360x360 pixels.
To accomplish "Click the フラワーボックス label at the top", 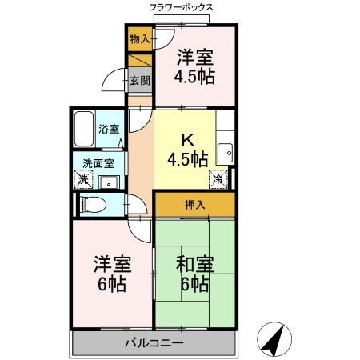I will click(x=181, y=7).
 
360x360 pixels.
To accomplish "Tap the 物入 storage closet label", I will click(x=139, y=38).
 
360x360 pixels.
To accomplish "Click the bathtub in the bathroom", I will click(x=85, y=130).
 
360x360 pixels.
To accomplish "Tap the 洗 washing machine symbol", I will click(x=84, y=179).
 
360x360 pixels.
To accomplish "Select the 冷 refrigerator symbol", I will click(x=218, y=179).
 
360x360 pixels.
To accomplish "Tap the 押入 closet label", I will click(x=195, y=205).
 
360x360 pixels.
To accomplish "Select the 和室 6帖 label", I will click(x=194, y=274).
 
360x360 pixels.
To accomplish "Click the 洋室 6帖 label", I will click(x=111, y=274).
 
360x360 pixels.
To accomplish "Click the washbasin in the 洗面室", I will click(x=110, y=179).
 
